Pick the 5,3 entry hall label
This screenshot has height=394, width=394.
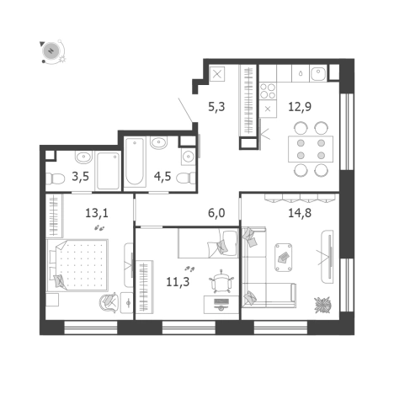pyautogui.click(x=216, y=107)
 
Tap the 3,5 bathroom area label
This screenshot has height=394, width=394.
pyautogui.click(x=81, y=177)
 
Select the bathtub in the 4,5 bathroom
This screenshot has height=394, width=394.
pyautogui.click(x=136, y=163)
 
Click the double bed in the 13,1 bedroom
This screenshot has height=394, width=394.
pyautogui.click(x=82, y=264)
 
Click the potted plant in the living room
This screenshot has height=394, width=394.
pyautogui.click(x=321, y=303)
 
